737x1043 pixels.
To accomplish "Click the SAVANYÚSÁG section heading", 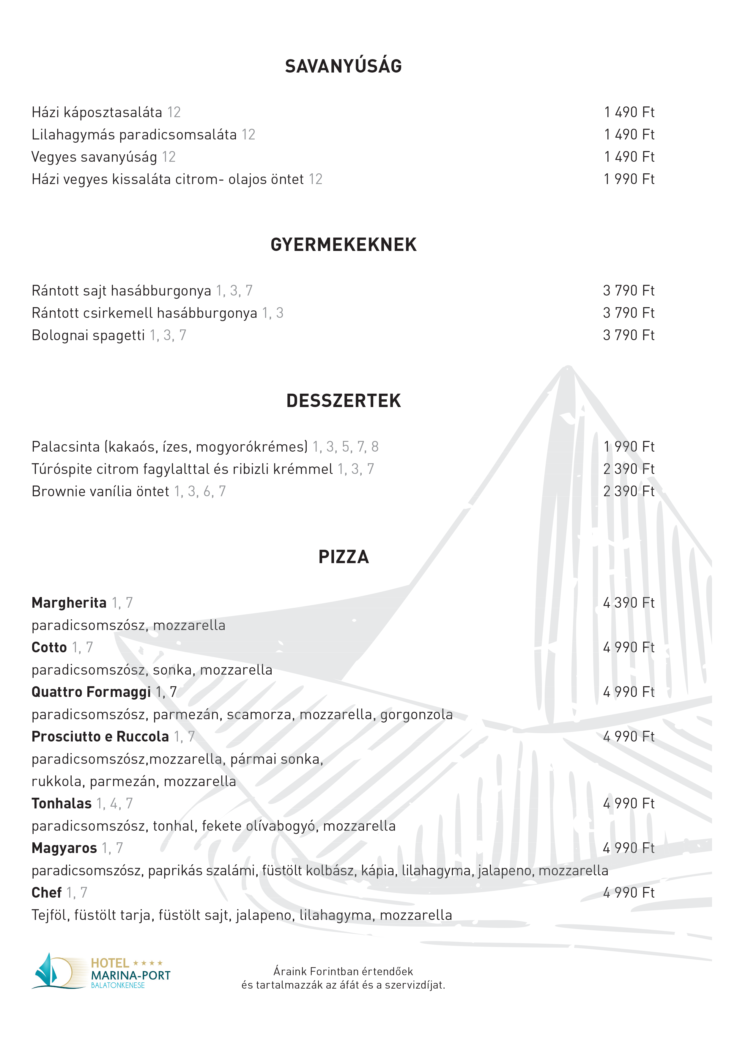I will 343,66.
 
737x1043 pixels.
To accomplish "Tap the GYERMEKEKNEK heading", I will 343,245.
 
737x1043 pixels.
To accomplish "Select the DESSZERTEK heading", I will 343,401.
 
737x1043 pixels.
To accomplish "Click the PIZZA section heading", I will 343,557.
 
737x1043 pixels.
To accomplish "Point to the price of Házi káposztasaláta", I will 629,112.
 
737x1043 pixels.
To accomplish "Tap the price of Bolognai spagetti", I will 629,335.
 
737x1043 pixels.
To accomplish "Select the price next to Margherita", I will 629,603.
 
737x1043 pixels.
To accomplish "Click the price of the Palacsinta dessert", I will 629,447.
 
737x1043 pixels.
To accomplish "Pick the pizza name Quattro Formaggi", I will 91,692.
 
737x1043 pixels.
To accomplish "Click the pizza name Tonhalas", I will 61,804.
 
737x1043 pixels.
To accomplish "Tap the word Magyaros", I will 64,848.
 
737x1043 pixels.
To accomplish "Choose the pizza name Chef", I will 46,893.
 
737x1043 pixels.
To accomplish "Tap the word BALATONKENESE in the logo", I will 118,985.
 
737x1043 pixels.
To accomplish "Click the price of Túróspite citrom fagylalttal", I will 629,469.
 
